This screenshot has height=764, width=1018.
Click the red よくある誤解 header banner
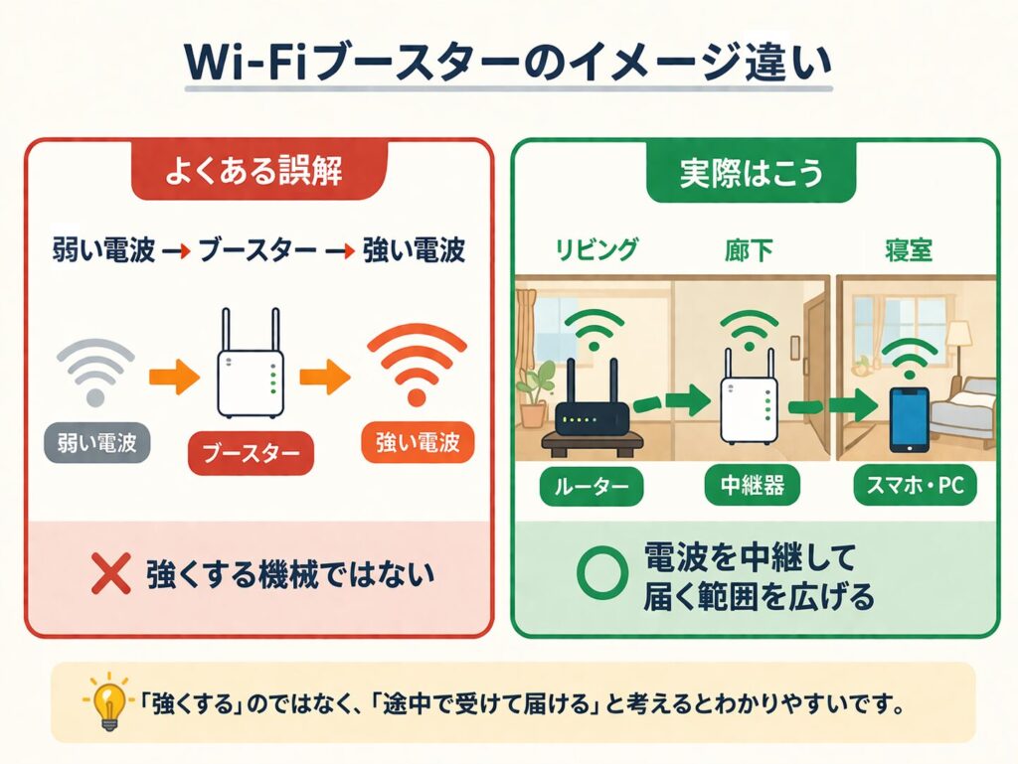pos(257,173)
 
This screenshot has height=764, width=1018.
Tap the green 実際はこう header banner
pos(752,173)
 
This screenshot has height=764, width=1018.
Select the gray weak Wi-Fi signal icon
pos(95,372)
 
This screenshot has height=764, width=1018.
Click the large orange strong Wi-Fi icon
pos(417,363)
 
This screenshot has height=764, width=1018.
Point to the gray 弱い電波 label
pos(96,443)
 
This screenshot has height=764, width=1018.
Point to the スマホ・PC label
pos(916,488)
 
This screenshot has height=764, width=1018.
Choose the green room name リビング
pos(594,249)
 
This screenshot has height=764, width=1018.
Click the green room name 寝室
pos(909,249)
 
